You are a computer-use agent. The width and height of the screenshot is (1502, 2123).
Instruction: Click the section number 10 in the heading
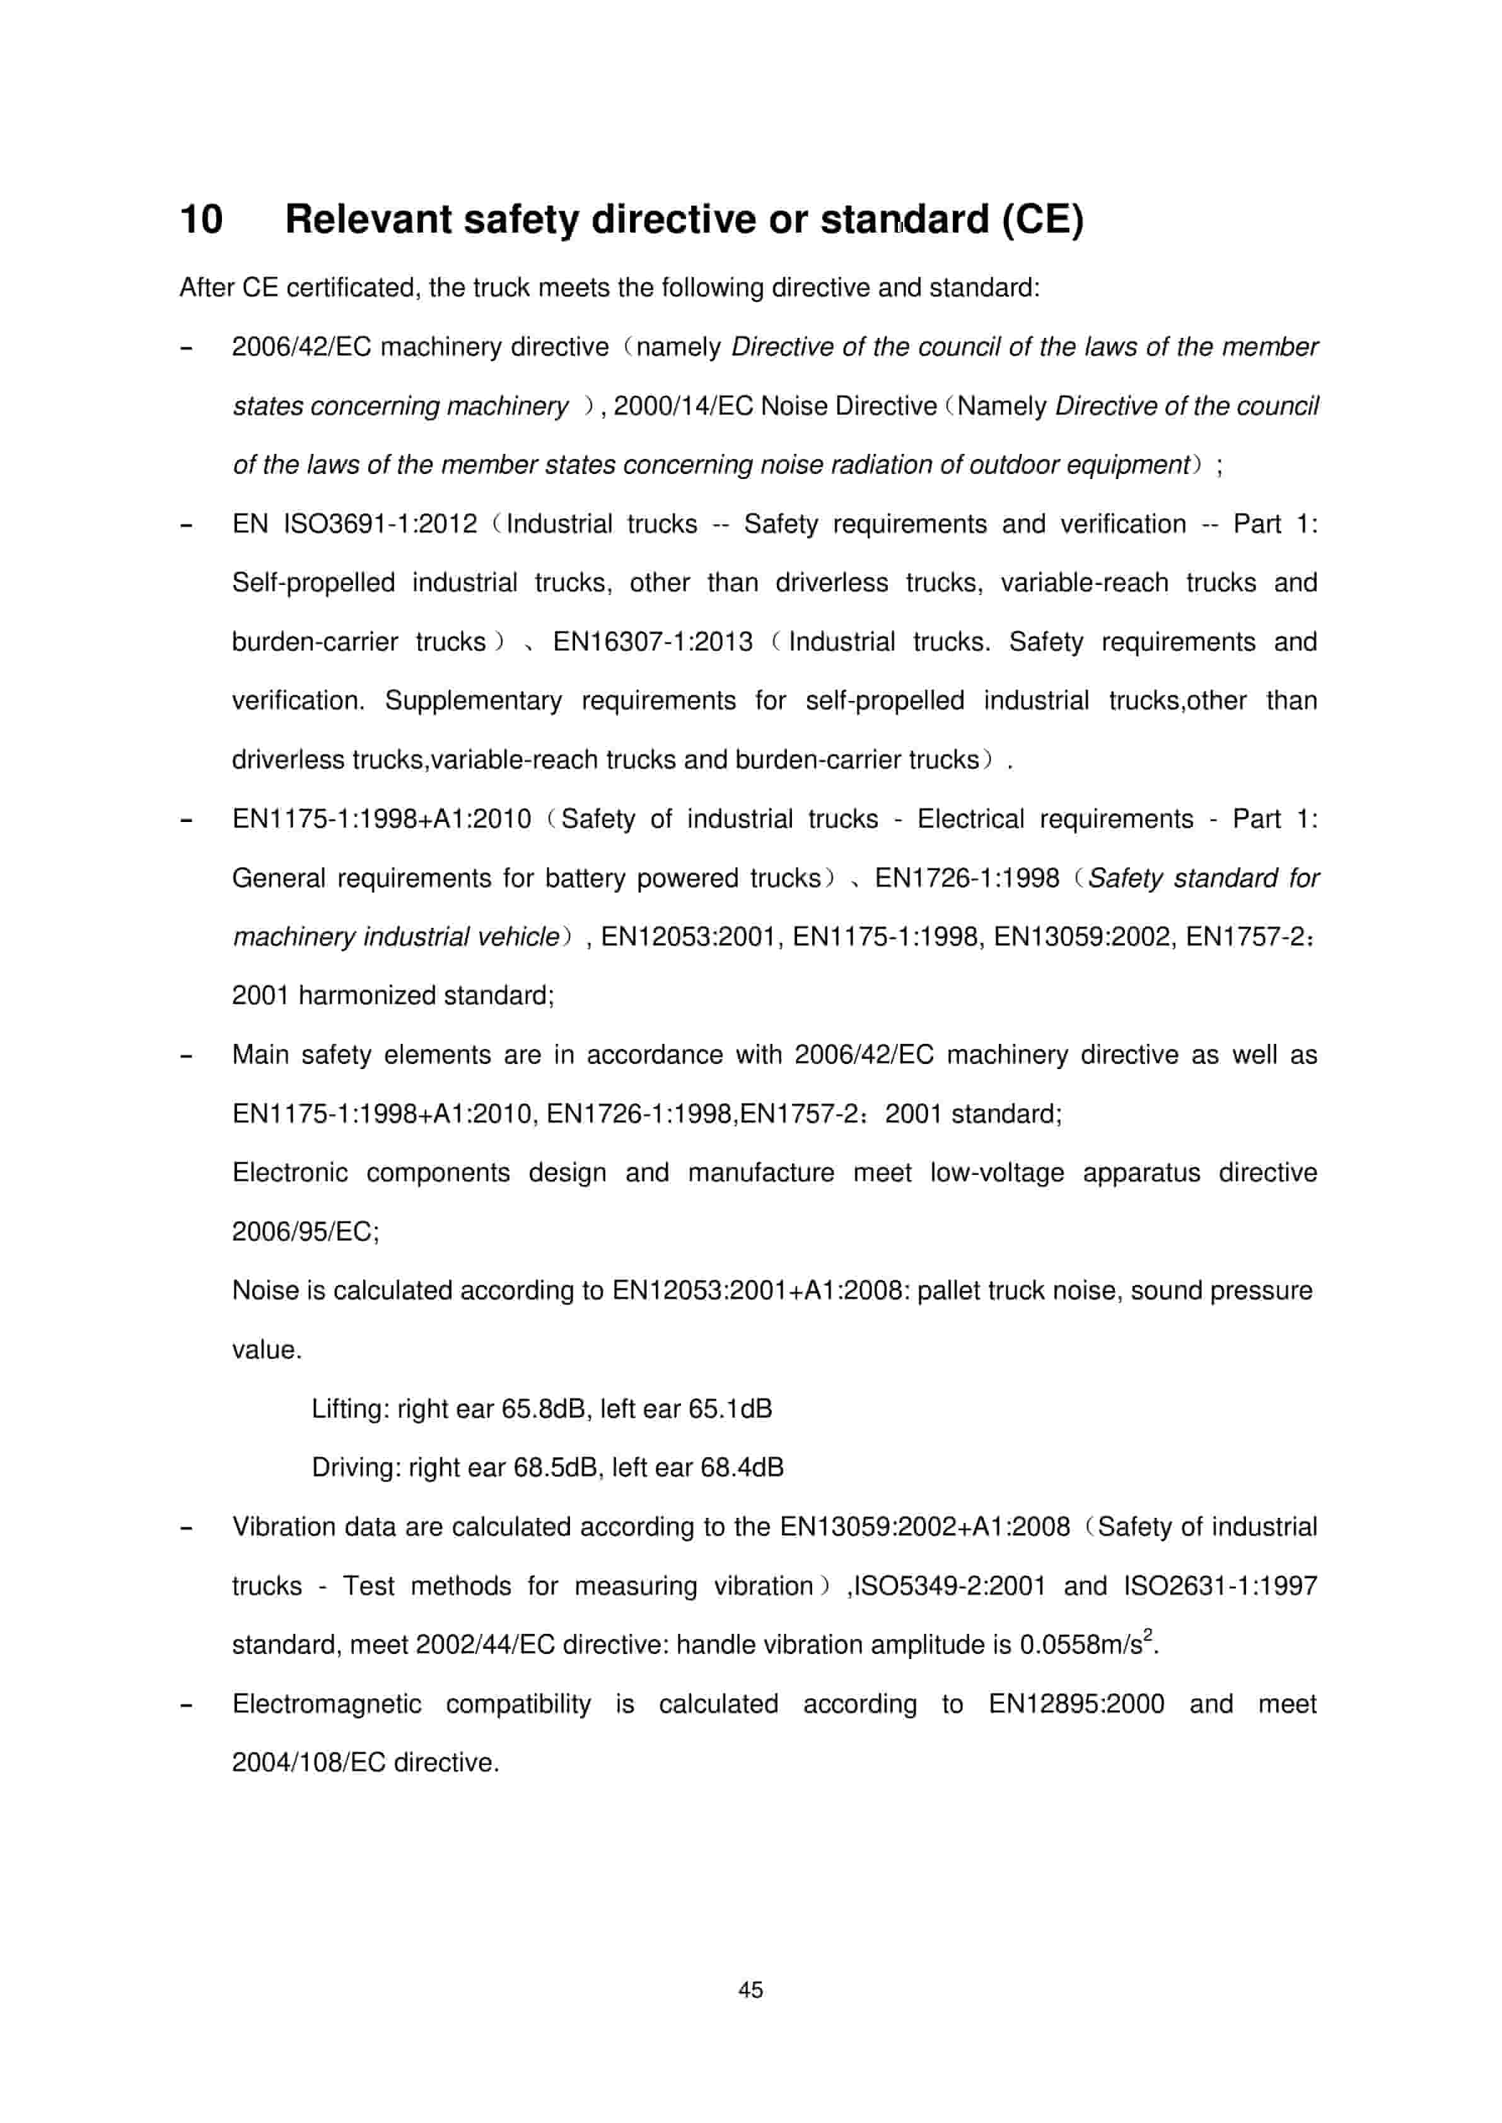(x=201, y=220)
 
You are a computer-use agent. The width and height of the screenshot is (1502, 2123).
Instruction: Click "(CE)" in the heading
(x=1042, y=220)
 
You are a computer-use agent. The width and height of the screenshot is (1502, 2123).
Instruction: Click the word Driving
(x=355, y=1468)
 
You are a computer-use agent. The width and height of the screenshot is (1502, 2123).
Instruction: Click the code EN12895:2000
(x=1076, y=1704)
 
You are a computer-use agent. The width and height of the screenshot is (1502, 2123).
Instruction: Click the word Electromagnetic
(x=327, y=1704)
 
